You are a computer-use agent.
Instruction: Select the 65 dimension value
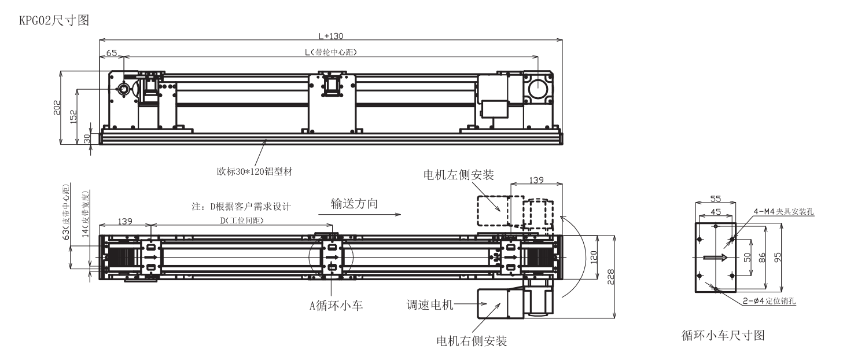click(x=111, y=53)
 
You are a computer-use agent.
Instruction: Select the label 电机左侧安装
click(x=458, y=175)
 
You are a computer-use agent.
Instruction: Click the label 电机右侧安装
click(x=472, y=341)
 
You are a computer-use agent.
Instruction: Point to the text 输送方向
click(x=354, y=204)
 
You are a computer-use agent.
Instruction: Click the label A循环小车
click(x=336, y=306)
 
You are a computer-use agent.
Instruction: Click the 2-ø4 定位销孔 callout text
click(x=770, y=300)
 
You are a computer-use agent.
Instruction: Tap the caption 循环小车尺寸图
click(x=724, y=335)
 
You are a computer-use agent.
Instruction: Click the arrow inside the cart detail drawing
click(x=715, y=258)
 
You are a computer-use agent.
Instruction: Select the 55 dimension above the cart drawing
click(x=715, y=199)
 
